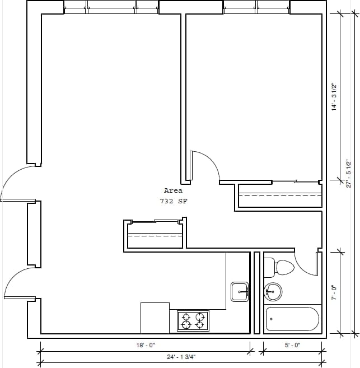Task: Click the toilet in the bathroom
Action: (279, 268)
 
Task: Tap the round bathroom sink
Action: (273, 291)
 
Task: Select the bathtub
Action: (292, 319)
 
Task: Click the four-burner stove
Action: (193, 321)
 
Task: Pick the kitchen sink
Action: (240, 291)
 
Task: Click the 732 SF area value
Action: (173, 201)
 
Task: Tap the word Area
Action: (173, 191)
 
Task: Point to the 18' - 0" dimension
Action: (145, 346)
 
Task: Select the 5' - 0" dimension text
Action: (292, 346)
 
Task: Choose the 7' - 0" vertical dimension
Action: (334, 292)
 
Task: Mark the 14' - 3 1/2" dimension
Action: (334, 97)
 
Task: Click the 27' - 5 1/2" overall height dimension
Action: (348, 174)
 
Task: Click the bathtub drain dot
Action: (271, 319)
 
